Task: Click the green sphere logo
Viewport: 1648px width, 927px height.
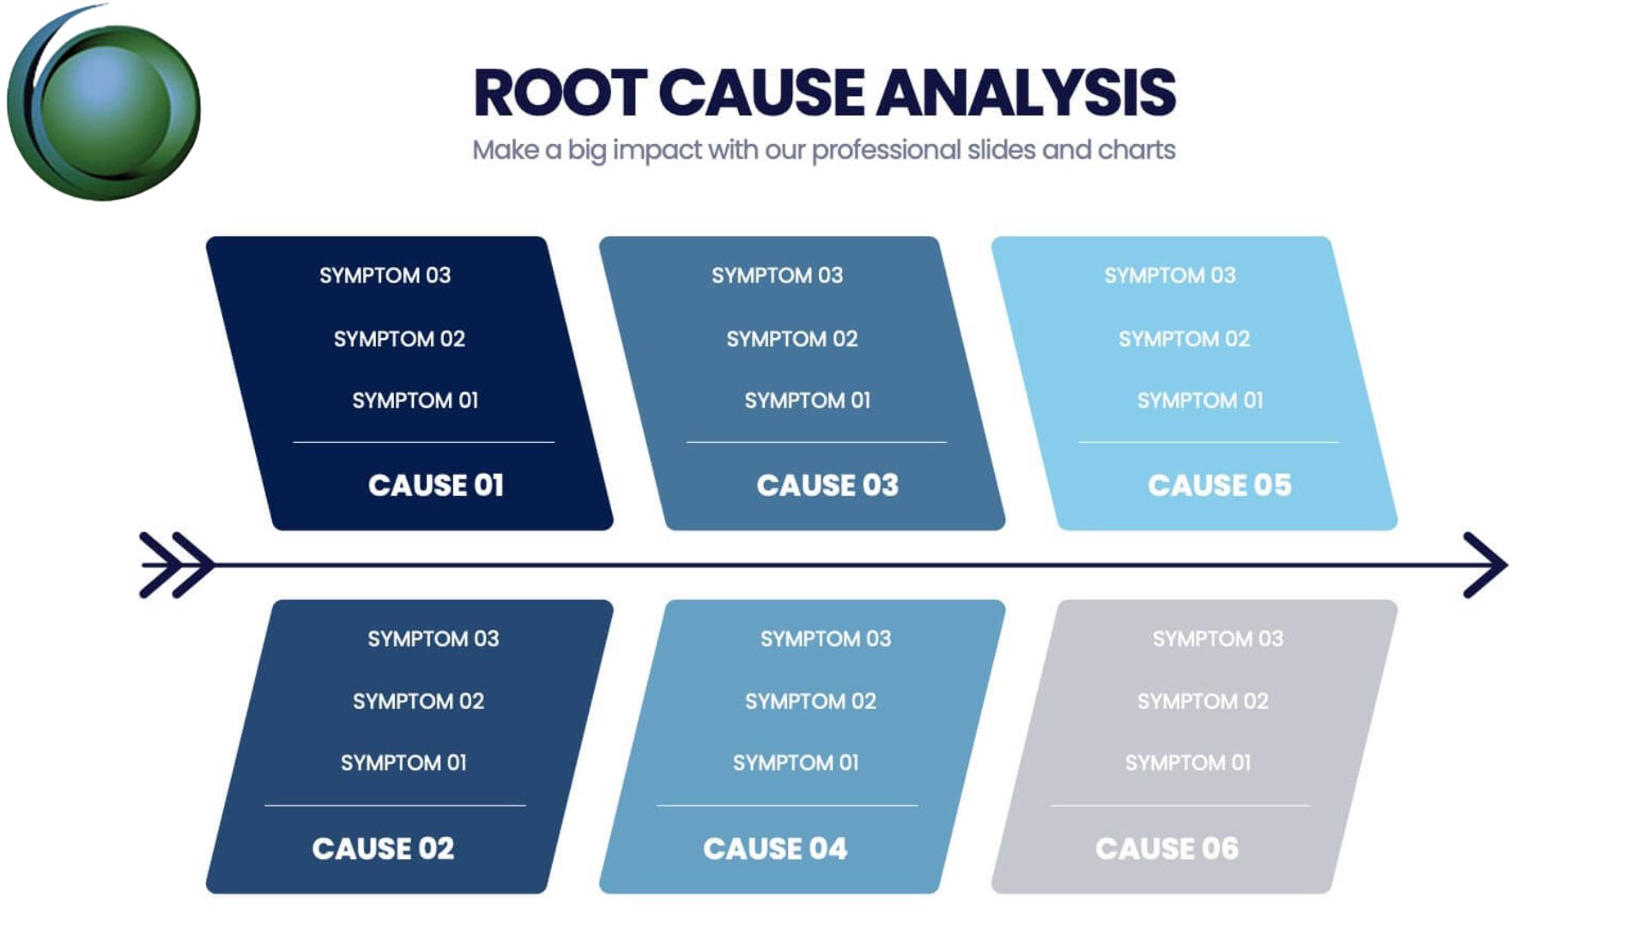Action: pos(104,107)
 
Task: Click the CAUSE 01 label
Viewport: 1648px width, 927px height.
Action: pos(436,486)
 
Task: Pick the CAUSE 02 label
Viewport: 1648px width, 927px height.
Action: pos(383,849)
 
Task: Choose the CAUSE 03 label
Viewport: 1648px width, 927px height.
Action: pos(827,486)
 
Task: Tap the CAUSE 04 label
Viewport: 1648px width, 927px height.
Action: pos(775,849)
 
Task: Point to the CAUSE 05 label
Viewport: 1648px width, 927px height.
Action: pos(1220,486)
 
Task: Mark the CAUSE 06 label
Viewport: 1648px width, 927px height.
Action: pos(1167,849)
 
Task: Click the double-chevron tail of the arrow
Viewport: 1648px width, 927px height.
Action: pos(177,565)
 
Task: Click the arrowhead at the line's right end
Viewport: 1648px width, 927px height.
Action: pos(1487,565)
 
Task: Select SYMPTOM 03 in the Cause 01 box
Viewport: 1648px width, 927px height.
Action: pos(385,276)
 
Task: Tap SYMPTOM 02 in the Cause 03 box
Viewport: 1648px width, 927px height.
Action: pos(792,339)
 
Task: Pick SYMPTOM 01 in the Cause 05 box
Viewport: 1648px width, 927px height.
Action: pos(1200,401)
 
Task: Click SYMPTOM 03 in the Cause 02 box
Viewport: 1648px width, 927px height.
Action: pos(433,639)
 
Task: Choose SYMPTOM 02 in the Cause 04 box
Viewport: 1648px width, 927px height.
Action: pos(811,701)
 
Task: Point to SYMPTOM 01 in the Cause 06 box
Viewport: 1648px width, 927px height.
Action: pos(1188,763)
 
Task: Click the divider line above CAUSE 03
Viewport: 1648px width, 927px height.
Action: pos(816,442)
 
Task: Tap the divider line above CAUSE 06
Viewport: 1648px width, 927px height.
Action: pos(1180,805)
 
